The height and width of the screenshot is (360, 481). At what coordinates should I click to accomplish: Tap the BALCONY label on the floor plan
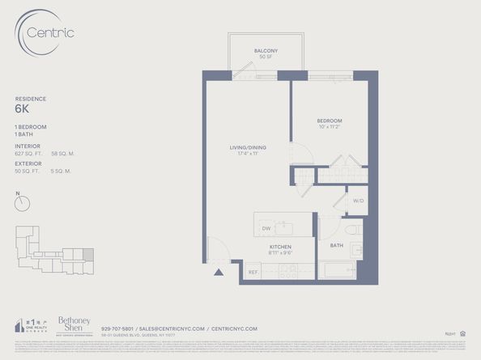[x=265, y=51]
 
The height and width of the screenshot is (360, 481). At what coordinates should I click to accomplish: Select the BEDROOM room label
[x=329, y=121]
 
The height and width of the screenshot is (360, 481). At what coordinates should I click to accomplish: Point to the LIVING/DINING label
[x=247, y=147]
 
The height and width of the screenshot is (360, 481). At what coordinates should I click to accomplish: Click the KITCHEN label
[x=280, y=246]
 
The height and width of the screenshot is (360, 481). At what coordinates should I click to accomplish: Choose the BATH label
[x=336, y=245]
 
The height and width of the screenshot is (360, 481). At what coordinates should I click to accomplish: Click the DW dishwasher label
[x=266, y=228]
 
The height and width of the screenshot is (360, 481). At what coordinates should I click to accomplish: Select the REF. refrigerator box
[x=253, y=273]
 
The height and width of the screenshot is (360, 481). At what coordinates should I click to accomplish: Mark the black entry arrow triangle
[x=217, y=273]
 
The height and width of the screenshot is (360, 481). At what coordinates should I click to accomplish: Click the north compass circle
[x=22, y=203]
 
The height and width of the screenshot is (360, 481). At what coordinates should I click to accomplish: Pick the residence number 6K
[x=22, y=108]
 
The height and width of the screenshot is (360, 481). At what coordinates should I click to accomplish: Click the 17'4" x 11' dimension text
[x=247, y=154]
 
